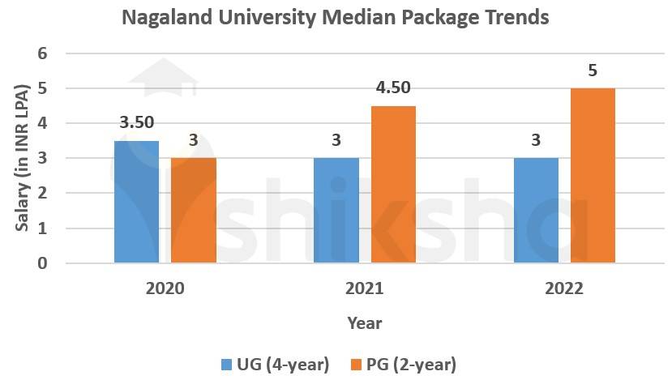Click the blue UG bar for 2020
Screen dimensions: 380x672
(x=136, y=202)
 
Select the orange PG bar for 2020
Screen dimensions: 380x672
(x=193, y=211)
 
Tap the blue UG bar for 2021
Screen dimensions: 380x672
(x=336, y=211)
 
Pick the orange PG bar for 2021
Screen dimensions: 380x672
(x=393, y=185)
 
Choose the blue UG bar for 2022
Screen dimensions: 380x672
(x=536, y=211)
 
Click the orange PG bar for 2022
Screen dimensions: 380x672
(x=593, y=176)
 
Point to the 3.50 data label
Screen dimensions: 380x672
(x=137, y=123)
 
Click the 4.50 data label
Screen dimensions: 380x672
(x=393, y=88)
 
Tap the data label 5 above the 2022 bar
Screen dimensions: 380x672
(x=593, y=71)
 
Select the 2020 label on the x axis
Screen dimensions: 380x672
(x=165, y=288)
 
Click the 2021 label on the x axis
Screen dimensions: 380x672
(x=365, y=288)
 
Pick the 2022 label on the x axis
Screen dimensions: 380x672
(x=564, y=288)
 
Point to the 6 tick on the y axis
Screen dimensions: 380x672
(x=43, y=53)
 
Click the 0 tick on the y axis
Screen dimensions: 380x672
(x=43, y=263)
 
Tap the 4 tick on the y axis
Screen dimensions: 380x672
(x=43, y=123)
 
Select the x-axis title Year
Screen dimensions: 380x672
(x=365, y=322)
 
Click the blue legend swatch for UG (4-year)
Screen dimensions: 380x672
(x=226, y=365)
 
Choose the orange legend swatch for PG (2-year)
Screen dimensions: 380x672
(x=355, y=365)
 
